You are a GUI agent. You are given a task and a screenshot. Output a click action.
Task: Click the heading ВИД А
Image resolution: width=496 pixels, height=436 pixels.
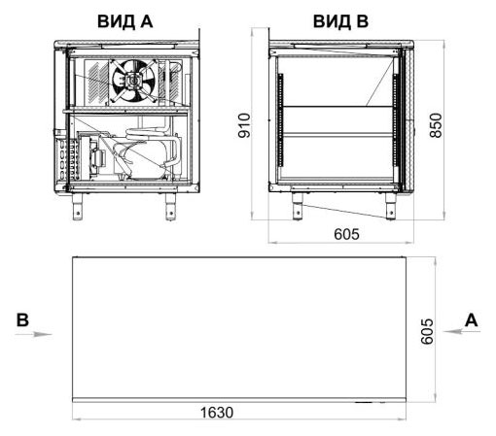pyautogui.click(x=124, y=21)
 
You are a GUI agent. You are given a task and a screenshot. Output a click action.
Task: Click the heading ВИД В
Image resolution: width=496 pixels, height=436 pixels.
pyautogui.click(x=340, y=21)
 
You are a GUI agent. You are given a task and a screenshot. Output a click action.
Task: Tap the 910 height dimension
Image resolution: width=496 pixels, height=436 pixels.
pyautogui.click(x=244, y=125)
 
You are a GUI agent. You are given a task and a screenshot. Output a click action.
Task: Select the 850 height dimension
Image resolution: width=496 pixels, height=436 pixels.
pyautogui.click(x=436, y=125)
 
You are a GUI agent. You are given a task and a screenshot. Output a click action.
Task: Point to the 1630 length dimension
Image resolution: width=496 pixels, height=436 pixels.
pyautogui.click(x=217, y=413)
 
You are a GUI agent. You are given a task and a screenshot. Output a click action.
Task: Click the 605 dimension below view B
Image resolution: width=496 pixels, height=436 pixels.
pyautogui.click(x=346, y=234)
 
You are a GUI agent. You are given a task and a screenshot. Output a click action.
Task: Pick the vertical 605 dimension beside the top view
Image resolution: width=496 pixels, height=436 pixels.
pyautogui.click(x=427, y=331)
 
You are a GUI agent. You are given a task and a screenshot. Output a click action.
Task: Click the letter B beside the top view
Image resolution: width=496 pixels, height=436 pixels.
pyautogui.click(x=22, y=320)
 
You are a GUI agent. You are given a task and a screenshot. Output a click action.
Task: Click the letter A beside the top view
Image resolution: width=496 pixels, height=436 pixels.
pyautogui.click(x=472, y=320)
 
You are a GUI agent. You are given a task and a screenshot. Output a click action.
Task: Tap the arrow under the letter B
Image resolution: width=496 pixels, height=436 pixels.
pyautogui.click(x=33, y=334)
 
